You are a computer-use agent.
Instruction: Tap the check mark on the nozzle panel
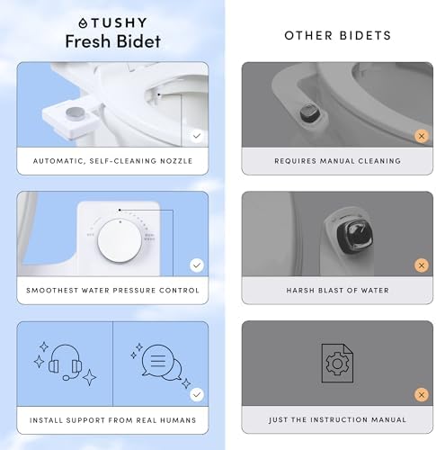[196, 136]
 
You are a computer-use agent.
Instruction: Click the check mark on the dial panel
[196, 265]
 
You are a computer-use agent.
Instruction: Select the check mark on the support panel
[196, 394]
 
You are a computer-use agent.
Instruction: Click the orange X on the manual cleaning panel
[421, 136]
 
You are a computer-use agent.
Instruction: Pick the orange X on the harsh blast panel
[421, 265]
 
